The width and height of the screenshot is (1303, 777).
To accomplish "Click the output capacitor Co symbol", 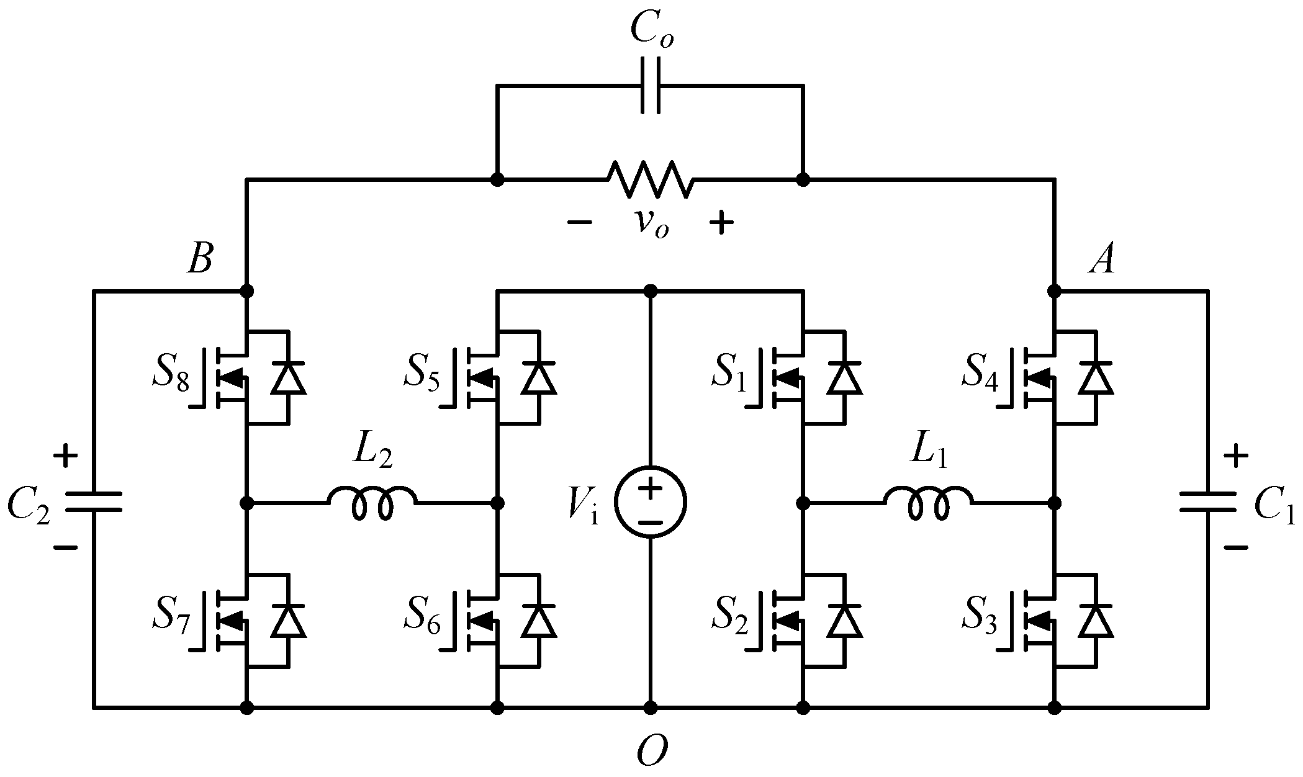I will (650, 86).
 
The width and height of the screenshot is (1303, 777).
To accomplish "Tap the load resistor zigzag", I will (650, 180).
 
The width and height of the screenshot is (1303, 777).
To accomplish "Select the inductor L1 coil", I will (928, 501).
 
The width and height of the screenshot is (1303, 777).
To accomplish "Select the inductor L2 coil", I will (372, 501).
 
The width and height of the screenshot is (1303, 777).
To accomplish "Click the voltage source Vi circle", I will (650, 501).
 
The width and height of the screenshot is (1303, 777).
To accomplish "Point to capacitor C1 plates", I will (1207, 501).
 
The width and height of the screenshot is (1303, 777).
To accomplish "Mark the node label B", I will (200, 259).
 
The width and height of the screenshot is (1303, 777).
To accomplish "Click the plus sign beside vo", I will (721, 223).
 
